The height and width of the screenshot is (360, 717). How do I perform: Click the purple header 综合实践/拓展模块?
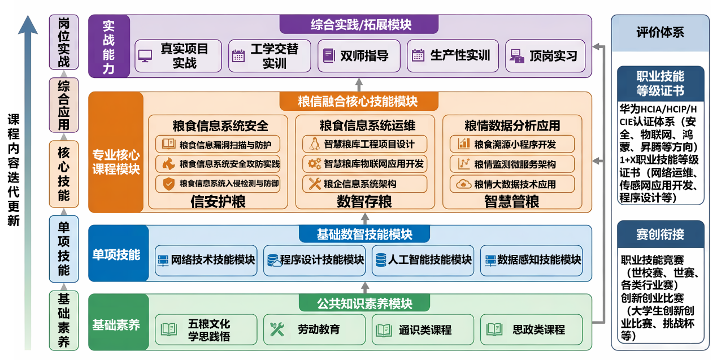tap(360, 25)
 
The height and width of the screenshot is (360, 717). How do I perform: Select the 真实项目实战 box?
tap(178, 56)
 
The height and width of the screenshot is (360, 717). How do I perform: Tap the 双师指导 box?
tap(359, 56)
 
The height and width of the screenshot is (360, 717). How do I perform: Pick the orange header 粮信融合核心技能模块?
tap(358, 102)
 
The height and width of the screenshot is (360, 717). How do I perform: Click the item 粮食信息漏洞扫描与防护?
tap(218, 144)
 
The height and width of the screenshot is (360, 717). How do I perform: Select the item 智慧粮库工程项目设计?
tap(364, 144)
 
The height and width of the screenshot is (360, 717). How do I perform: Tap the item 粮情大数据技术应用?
tap(512, 184)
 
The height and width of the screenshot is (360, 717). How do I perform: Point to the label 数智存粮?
tap(364, 201)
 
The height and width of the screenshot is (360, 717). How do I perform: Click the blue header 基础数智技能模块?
tap(364, 234)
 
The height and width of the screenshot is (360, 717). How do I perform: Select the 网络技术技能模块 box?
tap(206, 260)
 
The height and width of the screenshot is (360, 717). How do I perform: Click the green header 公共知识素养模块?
tap(364, 303)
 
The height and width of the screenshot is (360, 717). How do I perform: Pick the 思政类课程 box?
tap(532, 329)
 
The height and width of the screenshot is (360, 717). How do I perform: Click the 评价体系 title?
tap(659, 32)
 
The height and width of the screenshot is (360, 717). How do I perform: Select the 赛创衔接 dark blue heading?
tap(660, 234)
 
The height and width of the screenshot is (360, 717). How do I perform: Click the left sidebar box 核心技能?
tap(64, 174)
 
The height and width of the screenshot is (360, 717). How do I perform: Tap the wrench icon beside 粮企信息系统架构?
tap(314, 184)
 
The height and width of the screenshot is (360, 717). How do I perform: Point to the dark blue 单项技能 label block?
tap(116, 254)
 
